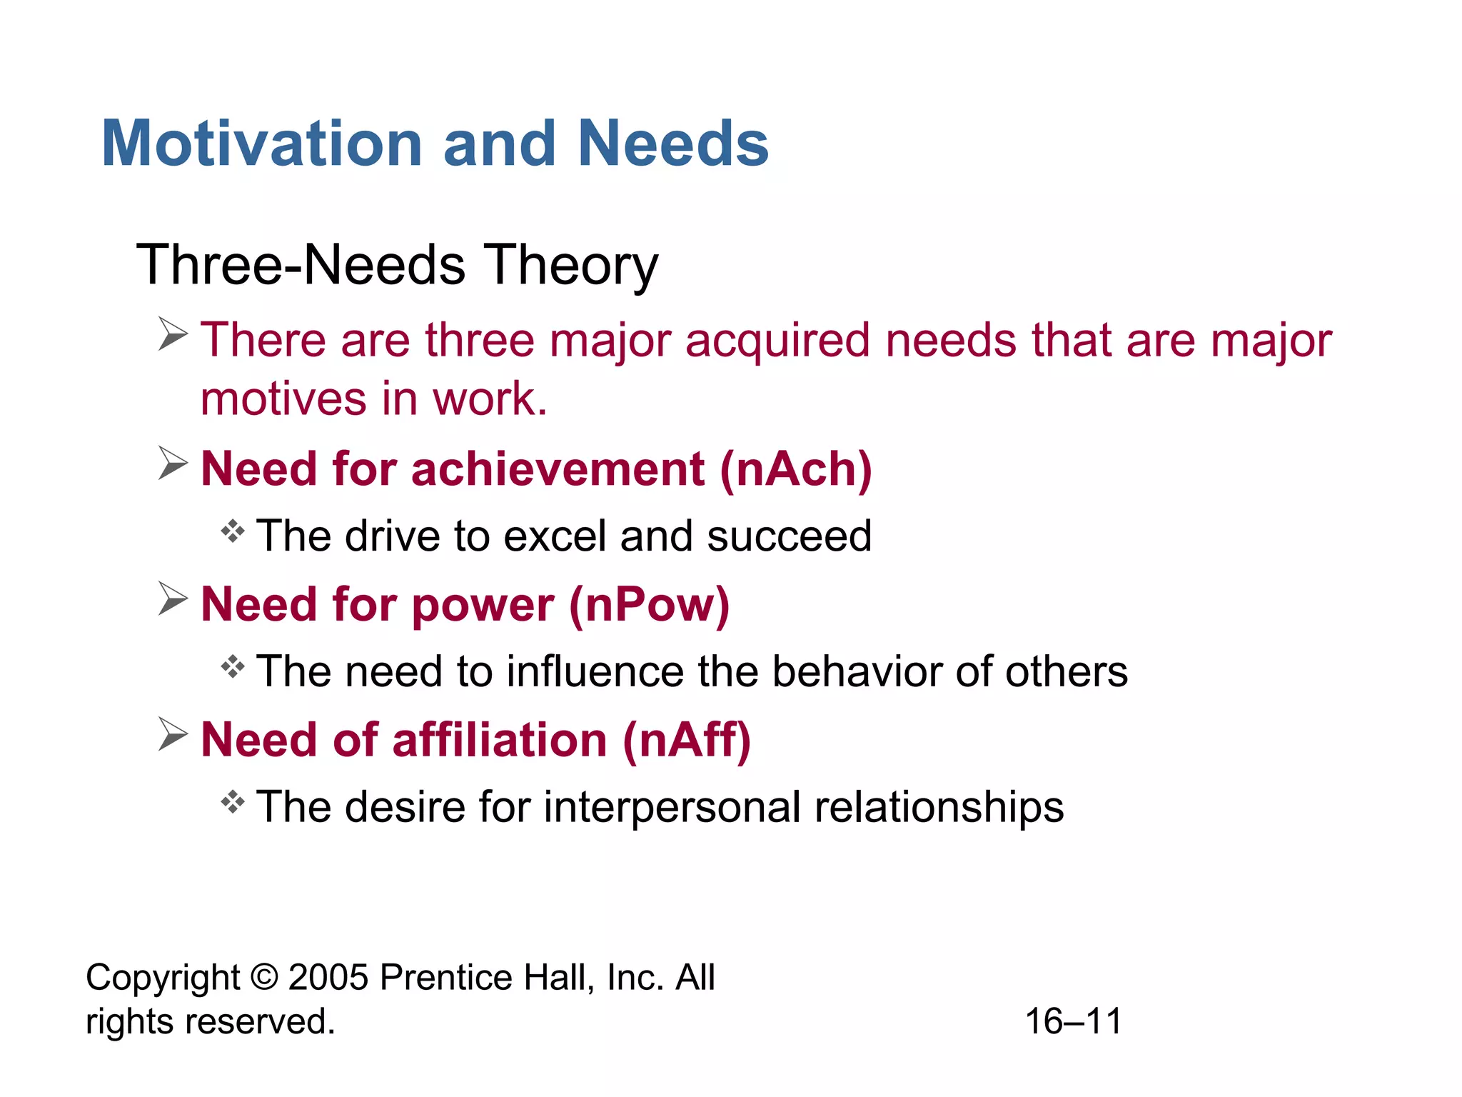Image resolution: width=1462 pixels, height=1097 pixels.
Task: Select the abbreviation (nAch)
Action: tap(795, 469)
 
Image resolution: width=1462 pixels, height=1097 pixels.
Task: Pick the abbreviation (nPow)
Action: tap(649, 605)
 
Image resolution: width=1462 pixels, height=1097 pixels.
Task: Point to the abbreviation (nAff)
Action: tap(686, 740)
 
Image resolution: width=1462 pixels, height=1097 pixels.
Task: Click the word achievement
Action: tap(558, 469)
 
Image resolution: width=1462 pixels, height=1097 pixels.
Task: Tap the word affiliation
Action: tap(500, 740)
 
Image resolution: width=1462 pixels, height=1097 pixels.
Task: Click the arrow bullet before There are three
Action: tap(173, 334)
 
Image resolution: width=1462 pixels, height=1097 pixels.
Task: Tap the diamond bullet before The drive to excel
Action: tap(233, 531)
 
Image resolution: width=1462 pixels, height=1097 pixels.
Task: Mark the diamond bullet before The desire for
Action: tap(233, 802)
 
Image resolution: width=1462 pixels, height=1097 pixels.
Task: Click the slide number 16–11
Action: tap(1073, 1021)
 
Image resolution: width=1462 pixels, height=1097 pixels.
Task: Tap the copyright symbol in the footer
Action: tap(265, 977)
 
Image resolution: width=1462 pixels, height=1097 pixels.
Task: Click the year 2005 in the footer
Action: tap(328, 977)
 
